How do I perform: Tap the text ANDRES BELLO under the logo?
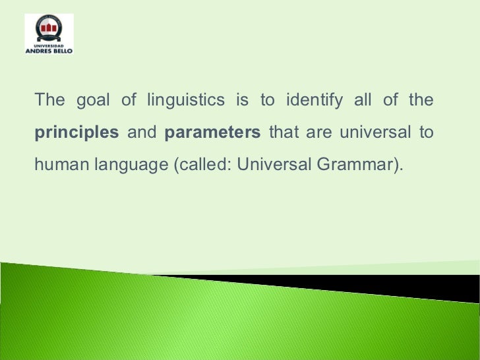pos(49,50)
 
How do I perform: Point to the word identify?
pos(314,101)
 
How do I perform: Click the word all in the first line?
pos(364,101)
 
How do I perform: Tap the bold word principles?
pos(76,133)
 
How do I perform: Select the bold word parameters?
pos(212,133)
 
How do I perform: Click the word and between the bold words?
pos(141,133)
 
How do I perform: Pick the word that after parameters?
pos(284,133)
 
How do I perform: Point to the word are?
pos(319,133)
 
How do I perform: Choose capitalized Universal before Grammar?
pos(274,164)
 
